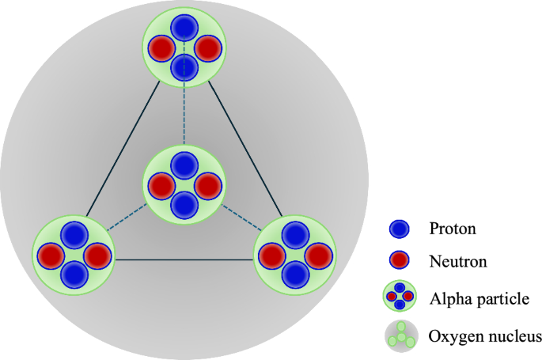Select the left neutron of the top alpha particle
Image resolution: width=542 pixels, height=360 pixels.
[x=161, y=48]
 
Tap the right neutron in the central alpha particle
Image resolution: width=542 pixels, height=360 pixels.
[x=207, y=187]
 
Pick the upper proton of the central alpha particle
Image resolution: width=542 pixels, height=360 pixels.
[x=184, y=166]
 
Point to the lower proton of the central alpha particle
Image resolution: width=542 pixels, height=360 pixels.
[x=184, y=206]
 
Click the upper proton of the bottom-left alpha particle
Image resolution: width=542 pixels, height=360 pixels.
[x=74, y=235]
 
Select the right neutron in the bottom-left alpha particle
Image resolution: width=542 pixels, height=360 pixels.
[x=97, y=256]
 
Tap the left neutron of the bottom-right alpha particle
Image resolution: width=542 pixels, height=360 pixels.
[x=271, y=256]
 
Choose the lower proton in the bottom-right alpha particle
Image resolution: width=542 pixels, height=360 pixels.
[x=295, y=275]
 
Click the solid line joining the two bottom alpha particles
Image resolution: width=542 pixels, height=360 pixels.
[x=184, y=260]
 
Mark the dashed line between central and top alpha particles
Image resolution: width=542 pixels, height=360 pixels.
[x=184, y=115]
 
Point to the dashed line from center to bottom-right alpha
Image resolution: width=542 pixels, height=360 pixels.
[x=238, y=218]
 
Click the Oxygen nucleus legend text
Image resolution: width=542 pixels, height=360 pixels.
[x=484, y=336]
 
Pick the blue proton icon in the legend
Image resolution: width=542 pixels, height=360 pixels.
[x=399, y=229]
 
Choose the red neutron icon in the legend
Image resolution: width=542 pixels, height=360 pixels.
[x=399, y=260]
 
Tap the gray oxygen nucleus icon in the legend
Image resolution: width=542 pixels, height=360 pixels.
[x=399, y=335]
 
